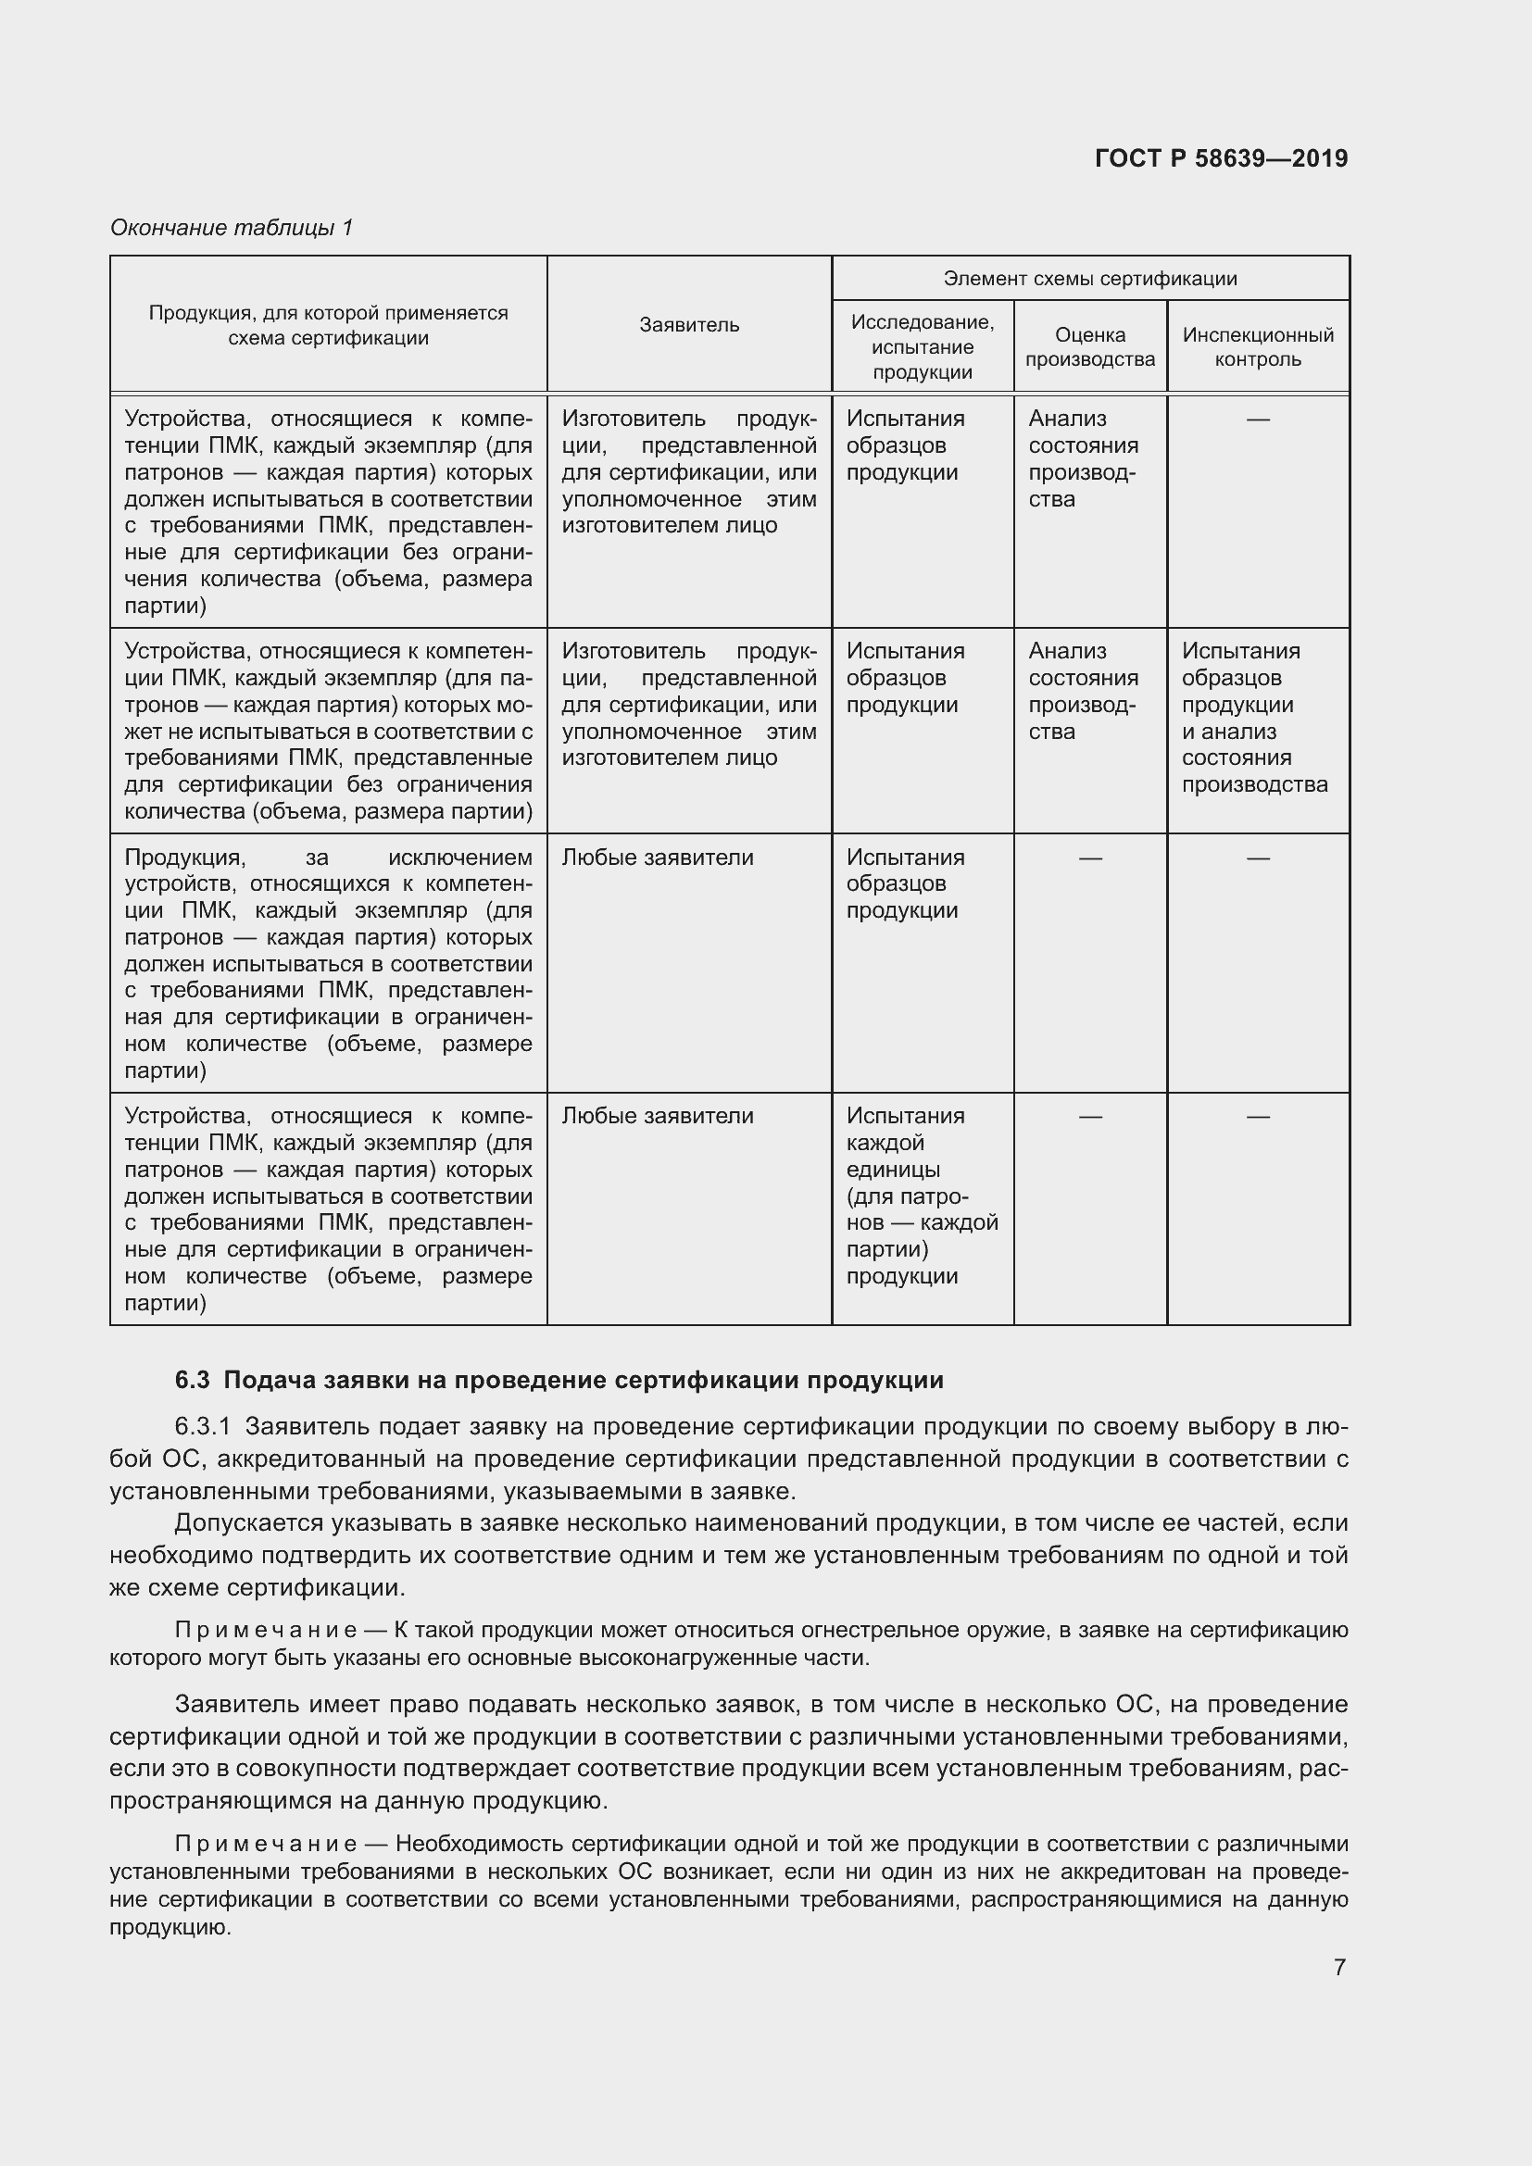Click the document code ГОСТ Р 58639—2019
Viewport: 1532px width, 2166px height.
click(1221, 158)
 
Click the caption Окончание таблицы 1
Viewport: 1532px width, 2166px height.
click(232, 228)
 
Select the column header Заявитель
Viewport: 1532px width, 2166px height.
click(688, 324)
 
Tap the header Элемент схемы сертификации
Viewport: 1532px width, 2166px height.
click(1089, 279)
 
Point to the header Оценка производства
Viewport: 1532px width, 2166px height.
click(1089, 346)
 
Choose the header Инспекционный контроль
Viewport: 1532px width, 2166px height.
click(1258, 346)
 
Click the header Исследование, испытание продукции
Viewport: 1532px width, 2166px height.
click(922, 346)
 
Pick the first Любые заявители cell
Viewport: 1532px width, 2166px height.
click(658, 858)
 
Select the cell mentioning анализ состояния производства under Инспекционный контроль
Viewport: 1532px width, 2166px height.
click(1254, 717)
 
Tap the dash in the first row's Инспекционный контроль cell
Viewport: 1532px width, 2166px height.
click(1258, 419)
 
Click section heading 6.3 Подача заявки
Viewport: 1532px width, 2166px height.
click(559, 1380)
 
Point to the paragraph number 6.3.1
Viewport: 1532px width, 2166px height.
click(202, 1426)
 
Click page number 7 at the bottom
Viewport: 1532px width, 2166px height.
click(1338, 1967)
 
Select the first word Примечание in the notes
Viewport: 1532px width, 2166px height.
click(265, 1630)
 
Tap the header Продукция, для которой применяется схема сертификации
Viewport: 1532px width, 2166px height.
click(328, 324)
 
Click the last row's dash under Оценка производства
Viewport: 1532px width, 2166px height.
click(1089, 1117)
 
